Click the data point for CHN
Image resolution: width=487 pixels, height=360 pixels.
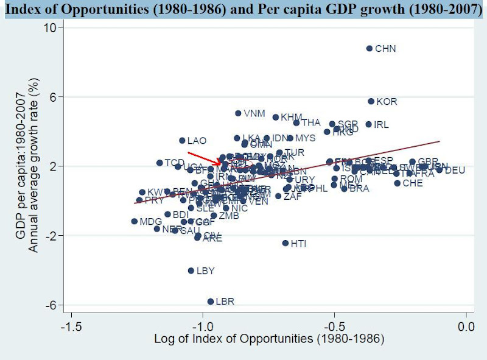click(x=370, y=48)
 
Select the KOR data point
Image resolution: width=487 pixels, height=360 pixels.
click(x=371, y=101)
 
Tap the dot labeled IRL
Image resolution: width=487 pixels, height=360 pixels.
click(x=368, y=124)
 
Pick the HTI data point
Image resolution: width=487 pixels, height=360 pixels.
click(x=285, y=243)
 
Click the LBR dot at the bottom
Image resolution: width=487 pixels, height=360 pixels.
click(x=211, y=301)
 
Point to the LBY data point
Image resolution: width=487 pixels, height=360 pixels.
click(x=191, y=270)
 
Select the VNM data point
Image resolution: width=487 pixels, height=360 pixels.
click(x=238, y=113)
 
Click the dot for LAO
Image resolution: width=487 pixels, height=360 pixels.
click(x=182, y=141)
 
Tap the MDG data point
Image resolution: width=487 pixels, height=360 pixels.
click(x=135, y=221)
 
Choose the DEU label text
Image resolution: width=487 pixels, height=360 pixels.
click(x=455, y=171)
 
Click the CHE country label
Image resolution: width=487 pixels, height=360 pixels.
click(x=412, y=183)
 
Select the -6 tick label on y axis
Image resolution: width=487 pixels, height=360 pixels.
click(x=51, y=305)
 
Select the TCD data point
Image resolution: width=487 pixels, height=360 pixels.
click(x=159, y=163)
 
